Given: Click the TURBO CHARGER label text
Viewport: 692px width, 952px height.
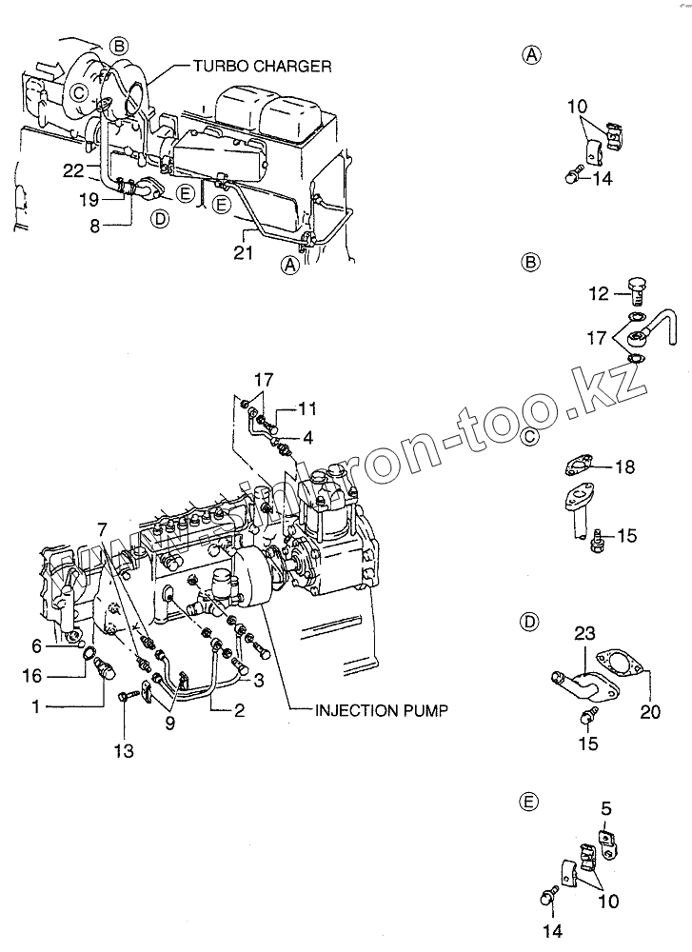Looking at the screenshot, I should [x=262, y=67].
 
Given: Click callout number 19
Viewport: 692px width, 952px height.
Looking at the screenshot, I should [x=89, y=199].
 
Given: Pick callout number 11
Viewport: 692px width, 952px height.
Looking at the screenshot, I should [x=306, y=408].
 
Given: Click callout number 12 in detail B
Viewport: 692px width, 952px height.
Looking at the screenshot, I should [x=597, y=295].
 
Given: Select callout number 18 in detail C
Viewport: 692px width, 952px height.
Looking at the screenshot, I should [x=624, y=466].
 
